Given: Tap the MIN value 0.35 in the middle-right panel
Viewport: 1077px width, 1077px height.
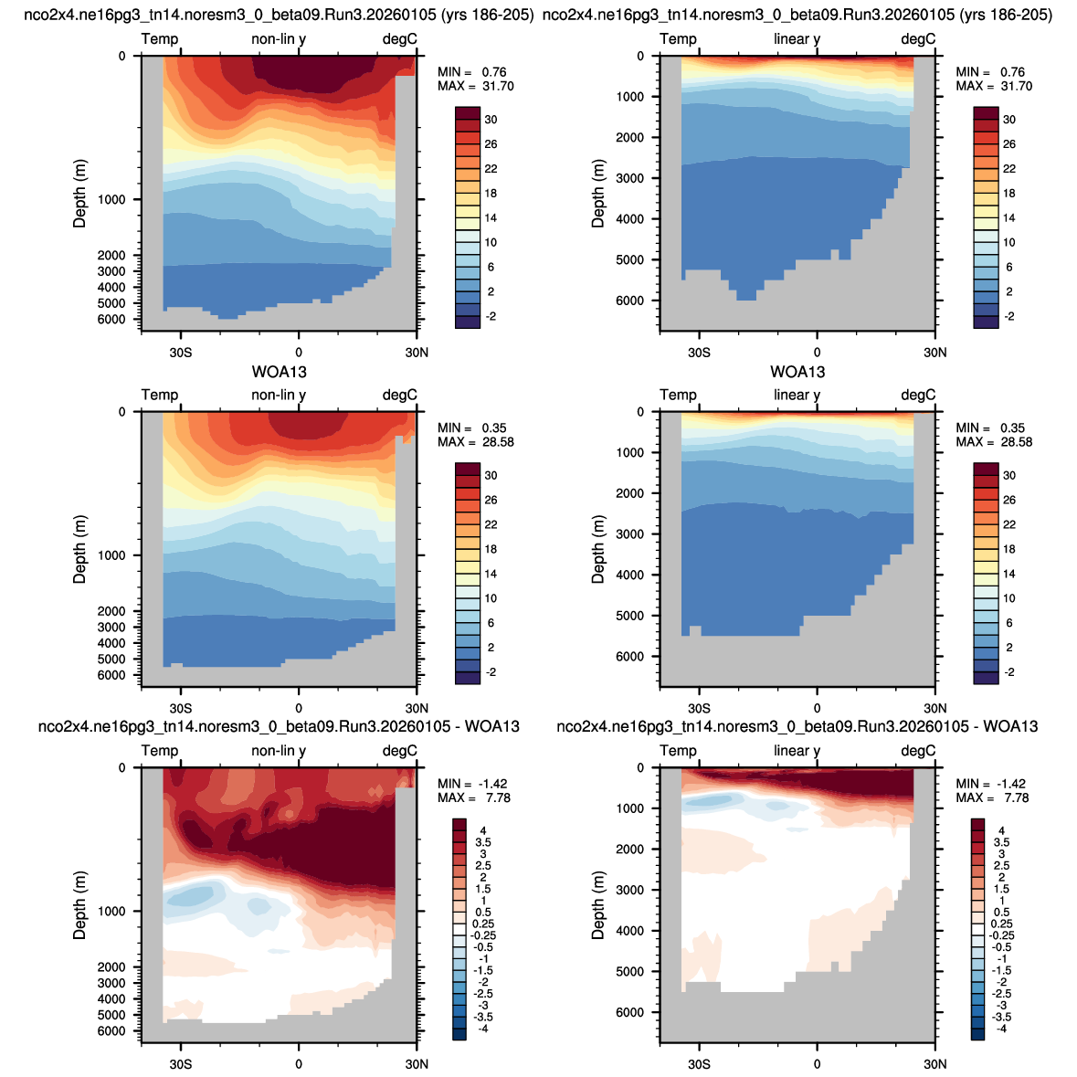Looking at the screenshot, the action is click(x=1012, y=428).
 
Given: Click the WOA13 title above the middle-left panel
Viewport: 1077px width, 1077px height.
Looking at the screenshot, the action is click(x=279, y=373).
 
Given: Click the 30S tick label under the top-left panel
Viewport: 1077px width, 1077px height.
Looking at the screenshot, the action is click(x=181, y=353).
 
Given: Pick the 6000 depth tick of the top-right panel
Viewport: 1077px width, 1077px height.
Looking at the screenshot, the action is click(x=630, y=301).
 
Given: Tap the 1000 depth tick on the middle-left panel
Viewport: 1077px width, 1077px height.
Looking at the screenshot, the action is click(x=112, y=555).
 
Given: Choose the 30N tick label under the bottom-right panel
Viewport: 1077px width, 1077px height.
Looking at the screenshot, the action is click(x=934, y=1064).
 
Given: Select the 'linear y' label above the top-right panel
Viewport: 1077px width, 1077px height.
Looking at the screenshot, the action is click(x=797, y=39).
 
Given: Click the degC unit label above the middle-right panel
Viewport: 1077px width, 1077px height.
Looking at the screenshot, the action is click(x=918, y=395).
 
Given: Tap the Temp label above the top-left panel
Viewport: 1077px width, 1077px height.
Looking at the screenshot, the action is click(x=159, y=39).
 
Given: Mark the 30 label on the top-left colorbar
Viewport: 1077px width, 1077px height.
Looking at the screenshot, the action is click(x=491, y=120).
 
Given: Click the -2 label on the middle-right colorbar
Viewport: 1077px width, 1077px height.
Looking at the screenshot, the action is click(x=1009, y=672).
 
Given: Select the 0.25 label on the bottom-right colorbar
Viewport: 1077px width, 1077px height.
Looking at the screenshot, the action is click(x=1001, y=924).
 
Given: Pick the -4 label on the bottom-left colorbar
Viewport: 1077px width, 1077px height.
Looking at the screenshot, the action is click(x=483, y=1029).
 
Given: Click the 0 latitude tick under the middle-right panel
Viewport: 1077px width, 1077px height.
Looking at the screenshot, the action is click(x=817, y=708).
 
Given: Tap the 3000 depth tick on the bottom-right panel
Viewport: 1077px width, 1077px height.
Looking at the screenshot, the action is click(x=630, y=890).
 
